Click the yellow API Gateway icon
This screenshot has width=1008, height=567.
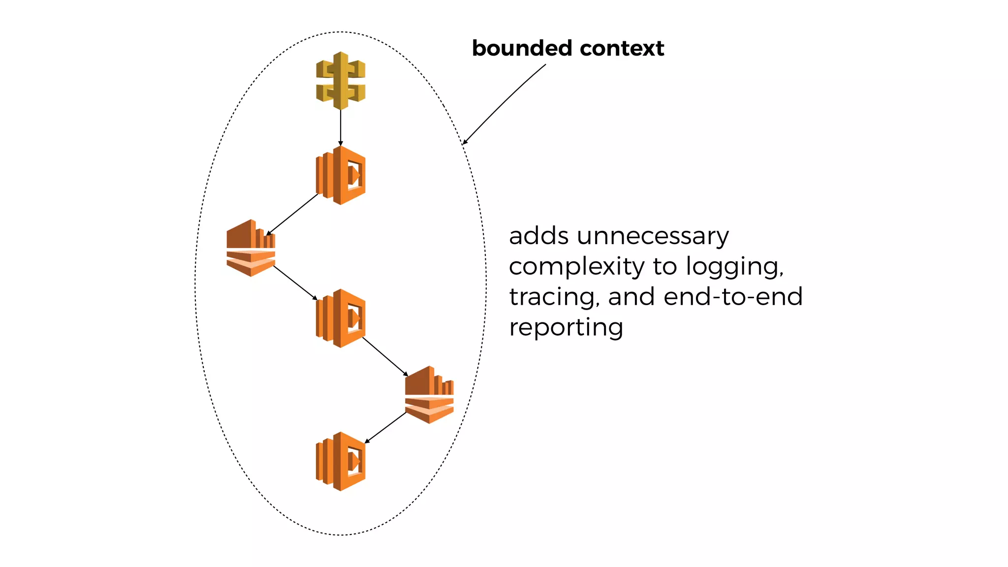[341, 81]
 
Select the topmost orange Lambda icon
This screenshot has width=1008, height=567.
[341, 175]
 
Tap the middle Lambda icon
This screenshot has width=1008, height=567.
[341, 318]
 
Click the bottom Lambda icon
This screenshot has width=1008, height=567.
[341, 462]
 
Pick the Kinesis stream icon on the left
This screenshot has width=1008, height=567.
[251, 248]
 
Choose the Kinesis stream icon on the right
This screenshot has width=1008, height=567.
[429, 395]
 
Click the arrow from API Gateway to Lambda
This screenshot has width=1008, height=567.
[341, 127]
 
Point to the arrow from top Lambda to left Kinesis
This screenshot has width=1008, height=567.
[292, 214]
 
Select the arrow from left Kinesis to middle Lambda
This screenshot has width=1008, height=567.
[295, 283]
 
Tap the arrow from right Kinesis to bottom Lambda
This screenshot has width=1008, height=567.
[385, 428]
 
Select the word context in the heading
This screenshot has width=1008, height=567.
[622, 48]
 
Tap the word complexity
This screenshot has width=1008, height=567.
[576, 267]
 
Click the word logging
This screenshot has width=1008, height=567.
[734, 267]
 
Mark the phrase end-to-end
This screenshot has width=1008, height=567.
[733, 297]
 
